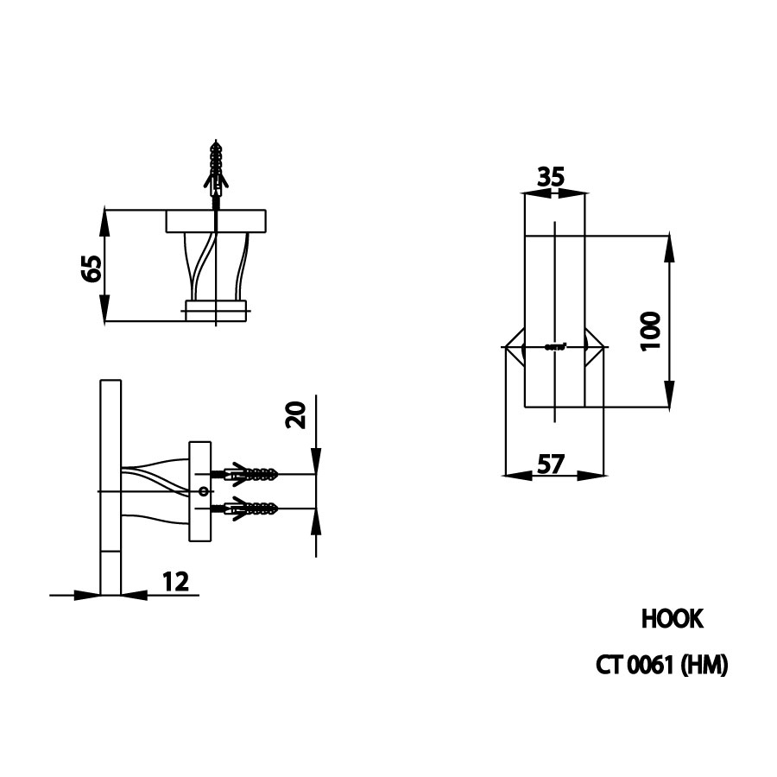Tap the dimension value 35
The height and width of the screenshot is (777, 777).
[551, 177]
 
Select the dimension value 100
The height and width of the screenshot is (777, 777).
[651, 331]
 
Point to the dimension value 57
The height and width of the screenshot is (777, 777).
[551, 464]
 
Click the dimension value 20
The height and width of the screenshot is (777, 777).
[296, 415]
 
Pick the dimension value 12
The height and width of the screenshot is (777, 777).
[175, 581]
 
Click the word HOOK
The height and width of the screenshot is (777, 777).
[673, 619]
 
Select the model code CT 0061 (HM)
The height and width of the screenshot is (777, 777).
[662, 666]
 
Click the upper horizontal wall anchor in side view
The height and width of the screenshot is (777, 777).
[250, 474]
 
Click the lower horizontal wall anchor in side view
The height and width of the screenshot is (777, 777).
[250, 509]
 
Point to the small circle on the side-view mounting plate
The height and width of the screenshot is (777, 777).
[203, 491]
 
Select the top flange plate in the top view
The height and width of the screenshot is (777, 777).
[217, 221]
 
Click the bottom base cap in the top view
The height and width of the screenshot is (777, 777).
[216, 310]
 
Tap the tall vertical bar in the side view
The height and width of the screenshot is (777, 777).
[111, 487]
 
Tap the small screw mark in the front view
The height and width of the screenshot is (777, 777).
[555, 347]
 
